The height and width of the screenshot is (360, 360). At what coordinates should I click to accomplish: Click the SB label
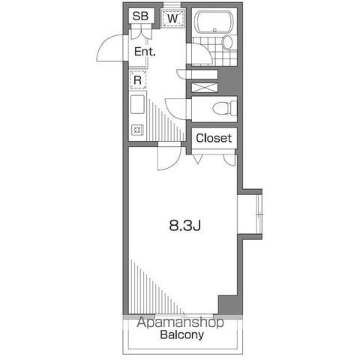coord(140,16)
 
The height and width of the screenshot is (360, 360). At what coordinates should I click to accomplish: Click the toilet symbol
coord(222,109)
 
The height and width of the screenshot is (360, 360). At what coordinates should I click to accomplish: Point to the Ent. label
coord(145,52)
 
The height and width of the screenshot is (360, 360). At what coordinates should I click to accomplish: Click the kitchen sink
coord(138,104)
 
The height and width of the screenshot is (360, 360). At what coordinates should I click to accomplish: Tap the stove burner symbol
coord(137,129)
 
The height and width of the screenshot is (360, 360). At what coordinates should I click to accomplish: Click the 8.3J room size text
coord(183,224)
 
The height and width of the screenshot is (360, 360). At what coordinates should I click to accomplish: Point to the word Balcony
coord(181,335)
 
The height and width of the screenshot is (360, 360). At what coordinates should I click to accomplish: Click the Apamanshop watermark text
coord(181,323)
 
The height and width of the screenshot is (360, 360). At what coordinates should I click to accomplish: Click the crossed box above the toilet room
coord(204,81)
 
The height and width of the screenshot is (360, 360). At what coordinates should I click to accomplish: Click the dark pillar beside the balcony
coord(227,305)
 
